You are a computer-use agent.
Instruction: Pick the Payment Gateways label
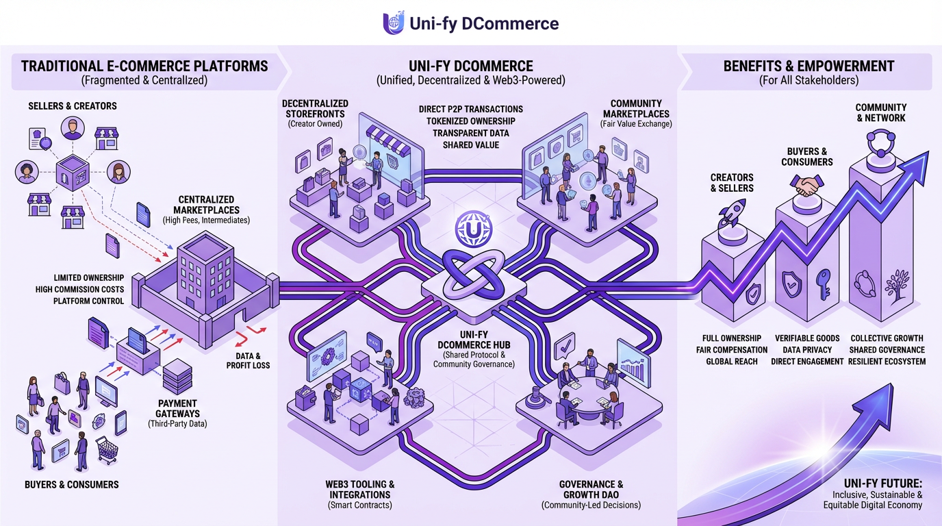pyautogui.click(x=177, y=408)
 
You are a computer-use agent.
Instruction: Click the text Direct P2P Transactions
pyautogui.click(x=470, y=110)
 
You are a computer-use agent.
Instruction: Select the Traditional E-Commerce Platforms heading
pyautogui.click(x=144, y=67)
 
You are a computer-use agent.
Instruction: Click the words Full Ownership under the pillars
pyautogui.click(x=731, y=338)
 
